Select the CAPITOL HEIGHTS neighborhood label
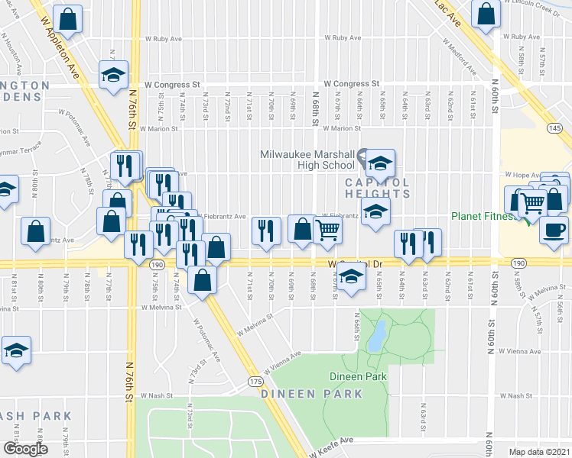(377, 188)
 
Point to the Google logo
(24, 448)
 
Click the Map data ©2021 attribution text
(539, 452)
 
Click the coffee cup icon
(554, 229)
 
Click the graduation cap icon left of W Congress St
(113, 76)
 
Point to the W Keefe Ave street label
(337, 440)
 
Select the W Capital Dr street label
(355, 264)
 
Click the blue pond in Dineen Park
(375, 336)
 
